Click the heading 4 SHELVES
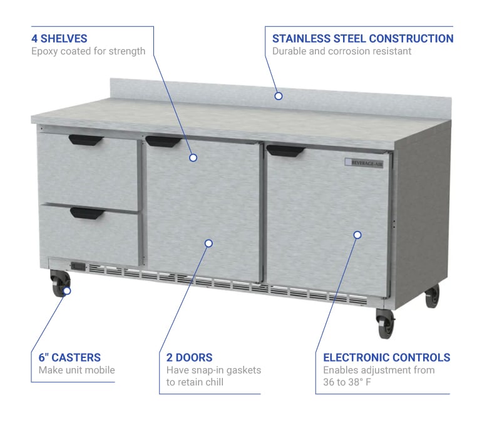pyautogui.click(x=59, y=39)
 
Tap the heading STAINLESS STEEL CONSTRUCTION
pyautogui.click(x=362, y=39)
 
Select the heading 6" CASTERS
pyautogui.click(x=69, y=357)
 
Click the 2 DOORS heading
pyautogui.click(x=189, y=357)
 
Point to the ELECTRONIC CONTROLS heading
pyautogui.click(x=387, y=357)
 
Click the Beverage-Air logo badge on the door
pyautogui.click(x=364, y=163)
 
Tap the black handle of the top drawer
pyautogui.click(x=86, y=140)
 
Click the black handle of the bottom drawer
pyautogui.click(x=87, y=213)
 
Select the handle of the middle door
pyautogui.click(x=163, y=141)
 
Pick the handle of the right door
pyautogui.click(x=285, y=151)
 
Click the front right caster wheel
pyautogui.click(x=385, y=324)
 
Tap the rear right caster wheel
pyautogui.click(x=432, y=296)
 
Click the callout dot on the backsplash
pyautogui.click(x=279, y=96)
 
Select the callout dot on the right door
pyautogui.click(x=357, y=235)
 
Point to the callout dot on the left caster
pyautogui.click(x=67, y=290)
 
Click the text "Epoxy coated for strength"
pyautogui.click(x=88, y=51)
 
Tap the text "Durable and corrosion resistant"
pyautogui.click(x=342, y=51)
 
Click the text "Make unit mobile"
pyautogui.click(x=76, y=370)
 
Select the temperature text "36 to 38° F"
pyautogui.click(x=347, y=382)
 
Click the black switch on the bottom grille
pyautogui.click(x=78, y=267)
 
